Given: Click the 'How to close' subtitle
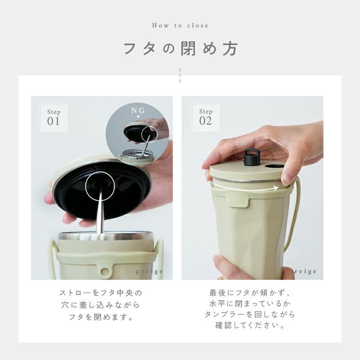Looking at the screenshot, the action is pyautogui.click(x=180, y=25).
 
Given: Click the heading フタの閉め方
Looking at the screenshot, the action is pyautogui.click(x=180, y=49).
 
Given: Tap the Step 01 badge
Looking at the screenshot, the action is pyautogui.click(x=54, y=117).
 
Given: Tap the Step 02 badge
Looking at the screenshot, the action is pyautogui.click(x=206, y=117).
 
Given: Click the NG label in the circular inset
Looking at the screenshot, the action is pyautogui.click(x=138, y=110).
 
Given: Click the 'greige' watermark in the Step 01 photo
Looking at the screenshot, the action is pyautogui.click(x=149, y=272).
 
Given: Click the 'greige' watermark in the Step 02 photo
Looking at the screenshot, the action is pyautogui.click(x=304, y=272).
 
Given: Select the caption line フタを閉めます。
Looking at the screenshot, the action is pyautogui.click(x=101, y=317).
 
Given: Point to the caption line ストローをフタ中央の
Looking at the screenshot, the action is pyautogui.click(x=101, y=293).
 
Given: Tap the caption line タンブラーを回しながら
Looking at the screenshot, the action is pyautogui.click(x=250, y=314).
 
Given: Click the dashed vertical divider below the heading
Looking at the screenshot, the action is pyautogui.click(x=180, y=75).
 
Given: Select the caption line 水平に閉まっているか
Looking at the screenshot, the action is pyautogui.click(x=250, y=303).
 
